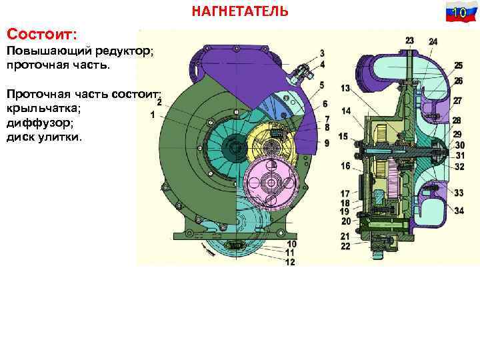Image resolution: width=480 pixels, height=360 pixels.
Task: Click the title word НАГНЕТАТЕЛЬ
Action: pyautogui.click(x=240, y=11)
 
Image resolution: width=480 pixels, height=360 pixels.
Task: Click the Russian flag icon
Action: pyautogui.click(x=458, y=13)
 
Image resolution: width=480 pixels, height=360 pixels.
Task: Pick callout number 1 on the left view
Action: pyautogui.click(x=153, y=115)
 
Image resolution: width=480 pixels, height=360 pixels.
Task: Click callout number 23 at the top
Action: pyautogui.click(x=409, y=41)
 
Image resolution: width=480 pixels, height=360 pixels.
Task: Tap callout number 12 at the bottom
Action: pyautogui.click(x=289, y=262)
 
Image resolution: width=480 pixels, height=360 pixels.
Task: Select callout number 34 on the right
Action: pyautogui.click(x=459, y=211)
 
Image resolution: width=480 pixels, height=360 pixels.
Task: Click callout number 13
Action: pyautogui.click(x=345, y=89)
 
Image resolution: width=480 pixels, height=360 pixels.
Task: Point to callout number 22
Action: pyautogui.click(x=345, y=247)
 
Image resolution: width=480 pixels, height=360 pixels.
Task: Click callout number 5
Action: pyautogui.click(x=322, y=85)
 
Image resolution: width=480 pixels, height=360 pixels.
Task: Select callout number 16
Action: pyautogui.click(x=345, y=165)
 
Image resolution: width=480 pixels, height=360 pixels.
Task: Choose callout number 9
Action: pyautogui.click(x=327, y=143)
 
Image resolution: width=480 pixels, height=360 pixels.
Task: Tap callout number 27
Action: pyautogui.click(x=458, y=101)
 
